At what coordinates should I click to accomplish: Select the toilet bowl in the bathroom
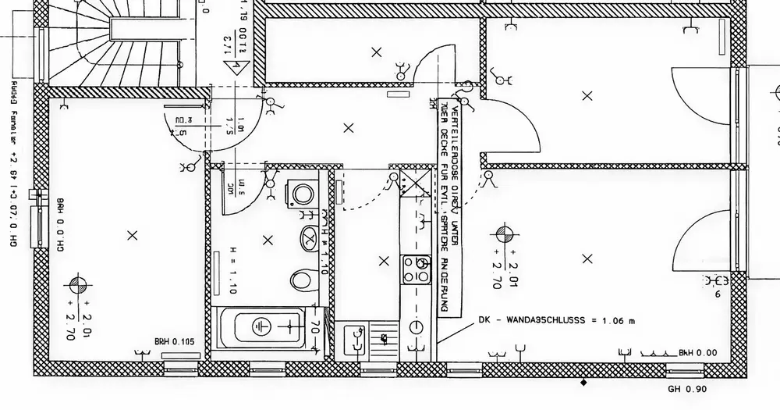(x=300, y=278)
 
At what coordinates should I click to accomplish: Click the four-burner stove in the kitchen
(x=415, y=269)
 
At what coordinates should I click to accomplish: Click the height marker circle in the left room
(x=78, y=284)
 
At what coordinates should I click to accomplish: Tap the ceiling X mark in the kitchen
(x=382, y=261)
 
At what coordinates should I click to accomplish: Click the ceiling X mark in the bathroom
(x=268, y=240)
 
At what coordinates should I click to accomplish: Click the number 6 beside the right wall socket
(x=717, y=295)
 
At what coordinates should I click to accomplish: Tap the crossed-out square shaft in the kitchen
(x=419, y=184)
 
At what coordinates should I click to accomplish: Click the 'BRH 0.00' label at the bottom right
(x=697, y=353)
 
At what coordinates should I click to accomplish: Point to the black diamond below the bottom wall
(x=583, y=382)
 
